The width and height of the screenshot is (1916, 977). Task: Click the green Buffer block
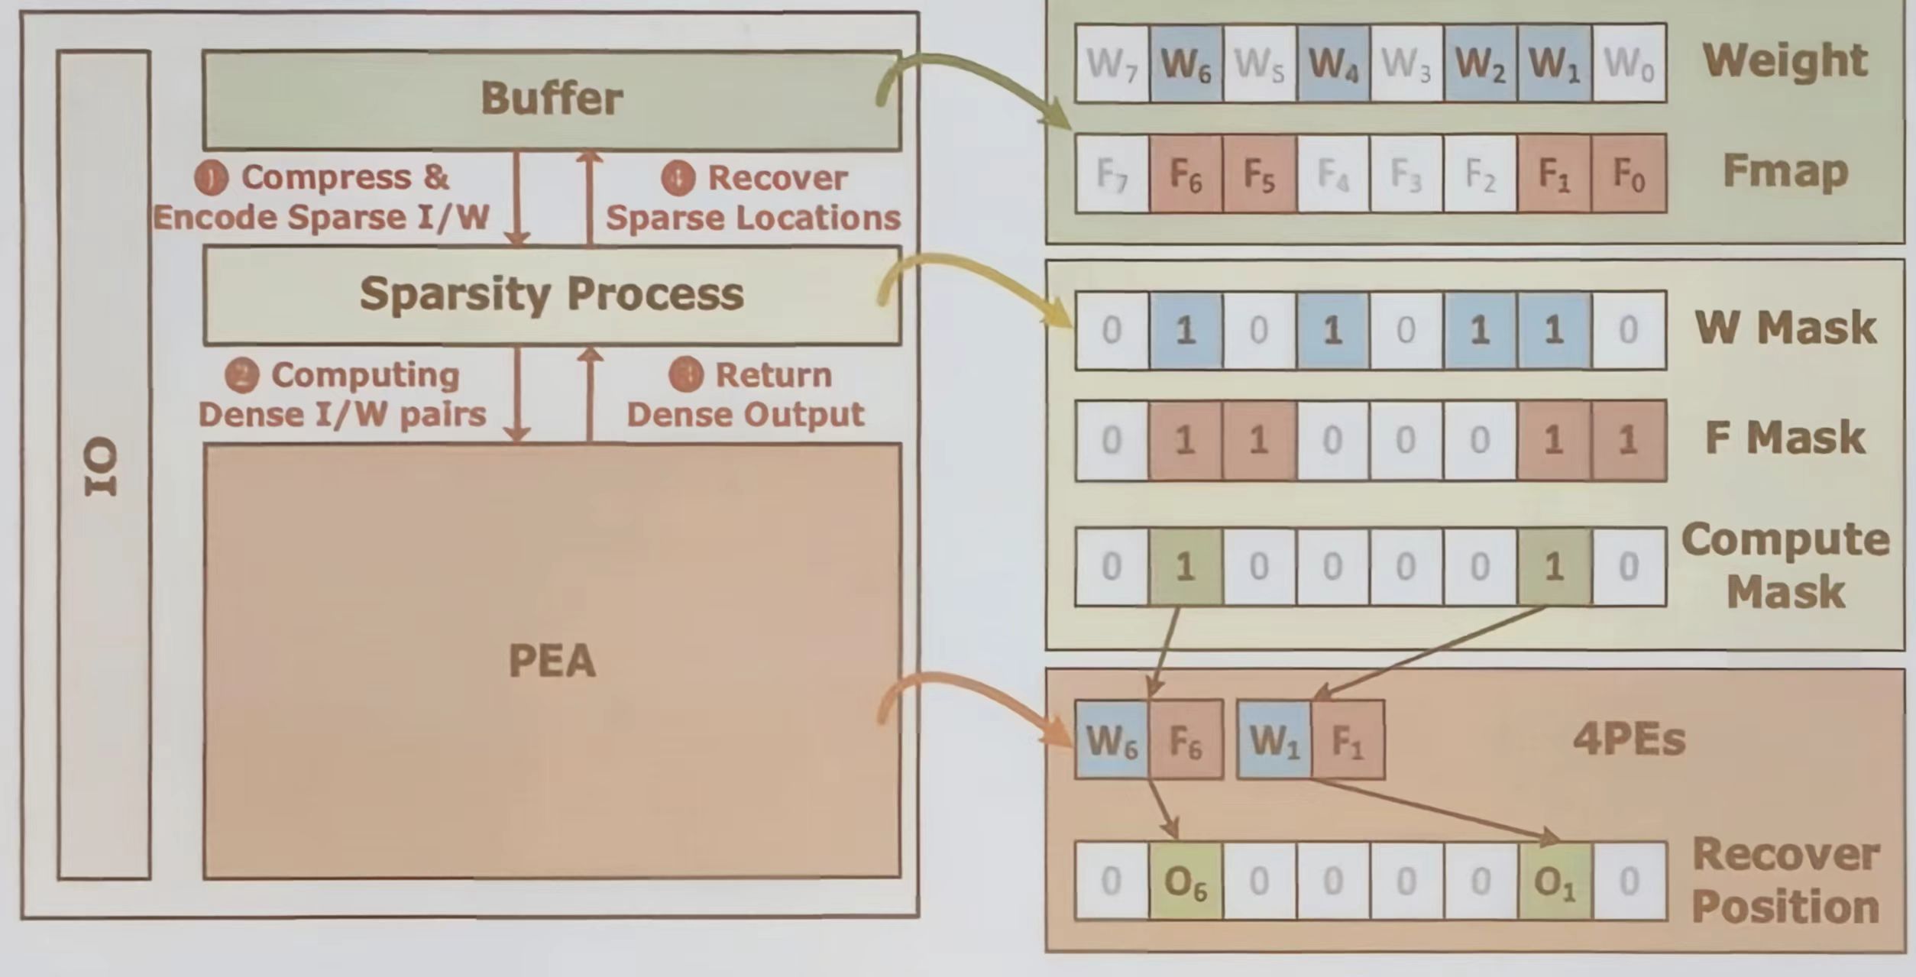point(552,99)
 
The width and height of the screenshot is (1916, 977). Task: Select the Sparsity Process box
point(552,295)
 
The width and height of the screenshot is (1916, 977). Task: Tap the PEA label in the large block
point(552,662)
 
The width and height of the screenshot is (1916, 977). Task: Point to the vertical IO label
point(102,466)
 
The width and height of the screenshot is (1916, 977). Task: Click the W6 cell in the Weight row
point(1185,63)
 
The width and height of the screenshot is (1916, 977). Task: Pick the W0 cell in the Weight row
point(1629,63)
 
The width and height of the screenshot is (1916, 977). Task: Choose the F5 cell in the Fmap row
point(1259,174)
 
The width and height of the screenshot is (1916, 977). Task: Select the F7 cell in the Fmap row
point(1112,174)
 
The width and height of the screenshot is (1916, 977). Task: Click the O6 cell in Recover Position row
point(1185,882)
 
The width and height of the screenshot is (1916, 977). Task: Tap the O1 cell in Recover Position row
point(1555,882)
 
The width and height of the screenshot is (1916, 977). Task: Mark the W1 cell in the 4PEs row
point(1274,740)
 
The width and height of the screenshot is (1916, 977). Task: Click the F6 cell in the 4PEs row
point(1186,740)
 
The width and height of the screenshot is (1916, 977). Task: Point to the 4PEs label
point(1629,739)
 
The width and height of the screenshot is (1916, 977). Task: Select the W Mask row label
point(1785,328)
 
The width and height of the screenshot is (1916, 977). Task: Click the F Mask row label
point(1785,438)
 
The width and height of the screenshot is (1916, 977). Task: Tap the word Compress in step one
point(326,177)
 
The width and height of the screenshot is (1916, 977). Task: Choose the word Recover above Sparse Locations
point(777,178)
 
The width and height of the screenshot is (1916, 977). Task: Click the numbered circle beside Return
point(685,375)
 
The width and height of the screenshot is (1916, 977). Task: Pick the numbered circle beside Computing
point(241,376)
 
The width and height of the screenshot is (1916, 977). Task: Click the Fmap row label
point(1785,171)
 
